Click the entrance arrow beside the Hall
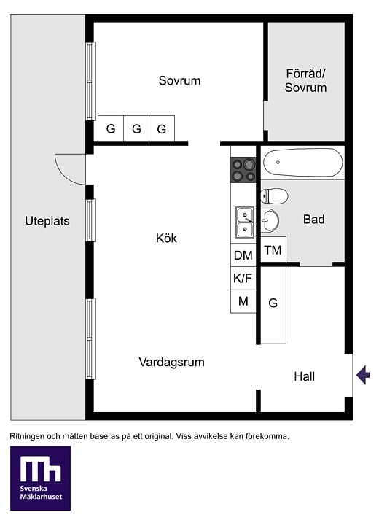tap(363, 375)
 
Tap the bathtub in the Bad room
tap(302, 163)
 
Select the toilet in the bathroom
tap(274, 196)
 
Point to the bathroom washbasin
tap(270, 220)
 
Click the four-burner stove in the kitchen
tap(243, 170)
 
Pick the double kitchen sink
tap(245, 222)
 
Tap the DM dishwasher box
tap(243, 255)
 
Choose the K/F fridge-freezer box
tap(243, 278)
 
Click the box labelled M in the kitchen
tap(243, 301)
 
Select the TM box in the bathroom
tap(273, 249)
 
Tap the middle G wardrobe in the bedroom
tap(136, 128)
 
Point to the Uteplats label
tap(47, 221)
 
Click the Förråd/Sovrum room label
tap(305, 80)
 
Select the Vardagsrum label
tap(172, 363)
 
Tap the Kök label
tap(166, 238)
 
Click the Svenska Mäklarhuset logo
tap(40, 478)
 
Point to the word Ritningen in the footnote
tap(27, 436)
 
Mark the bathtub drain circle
tap(278, 163)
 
